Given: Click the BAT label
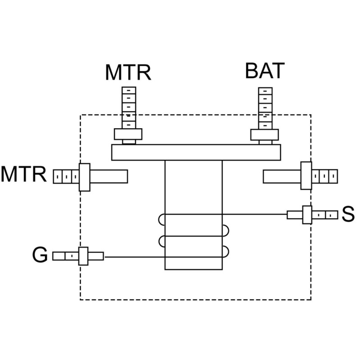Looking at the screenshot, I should click(x=265, y=71).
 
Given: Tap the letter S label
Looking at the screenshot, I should click(x=347, y=215).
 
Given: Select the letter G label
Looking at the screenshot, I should click(x=40, y=256).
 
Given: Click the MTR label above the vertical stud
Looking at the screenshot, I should click(x=128, y=72).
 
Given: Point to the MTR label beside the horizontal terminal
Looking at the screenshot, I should click(x=24, y=175).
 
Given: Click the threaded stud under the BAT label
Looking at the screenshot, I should click(x=265, y=108).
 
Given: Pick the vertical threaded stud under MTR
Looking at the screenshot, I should click(x=129, y=108).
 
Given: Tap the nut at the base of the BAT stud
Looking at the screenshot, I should click(x=265, y=135).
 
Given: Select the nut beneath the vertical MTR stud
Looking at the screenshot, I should click(x=128, y=135).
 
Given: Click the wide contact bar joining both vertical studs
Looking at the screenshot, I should click(x=196, y=153).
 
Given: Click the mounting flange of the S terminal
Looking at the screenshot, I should click(x=307, y=215).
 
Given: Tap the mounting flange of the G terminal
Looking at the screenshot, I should click(x=83, y=256).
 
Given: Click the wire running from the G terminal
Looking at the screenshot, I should click(x=135, y=257).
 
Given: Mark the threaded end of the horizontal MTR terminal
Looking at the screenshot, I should click(x=66, y=176).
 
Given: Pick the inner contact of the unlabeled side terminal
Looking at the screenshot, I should click(x=282, y=176).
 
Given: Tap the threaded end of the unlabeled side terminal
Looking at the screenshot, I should click(x=324, y=176).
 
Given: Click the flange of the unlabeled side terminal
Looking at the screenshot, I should click(x=306, y=176).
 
